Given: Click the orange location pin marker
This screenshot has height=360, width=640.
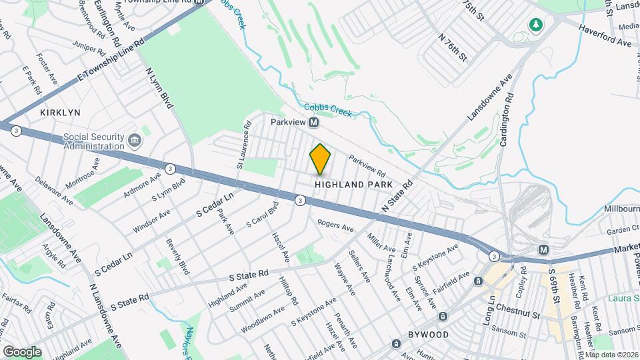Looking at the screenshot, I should [321, 159].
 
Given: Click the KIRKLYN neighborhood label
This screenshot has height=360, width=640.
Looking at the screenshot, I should [60, 113].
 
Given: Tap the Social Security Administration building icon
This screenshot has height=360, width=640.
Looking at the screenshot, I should [135, 141].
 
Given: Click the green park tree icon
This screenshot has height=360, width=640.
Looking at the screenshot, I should [535, 25].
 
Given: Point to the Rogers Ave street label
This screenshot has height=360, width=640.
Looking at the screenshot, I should [335, 226].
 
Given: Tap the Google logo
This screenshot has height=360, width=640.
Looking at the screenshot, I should [22, 351].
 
